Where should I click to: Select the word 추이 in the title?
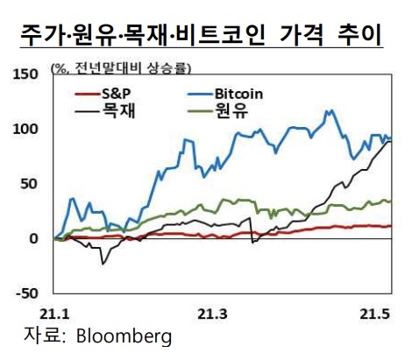pyautogui.click(x=357, y=34)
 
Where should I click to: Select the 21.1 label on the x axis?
pyautogui.click(x=54, y=313)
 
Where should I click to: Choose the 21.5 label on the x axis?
pyautogui.click(x=374, y=313)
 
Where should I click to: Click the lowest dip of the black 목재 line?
pyautogui.click(x=103, y=263)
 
